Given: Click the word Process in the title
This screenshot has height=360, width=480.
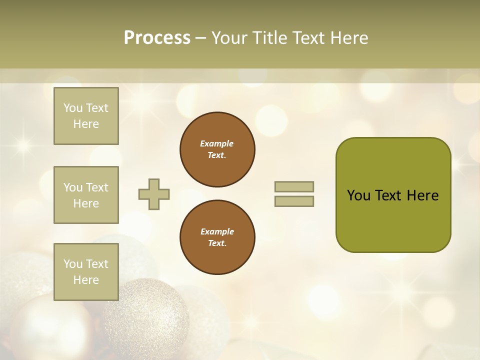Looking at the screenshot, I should click(157, 38).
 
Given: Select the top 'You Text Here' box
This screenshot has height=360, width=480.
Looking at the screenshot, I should click(86, 116).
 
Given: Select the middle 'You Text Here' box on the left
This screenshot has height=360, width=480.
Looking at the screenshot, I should click(86, 195).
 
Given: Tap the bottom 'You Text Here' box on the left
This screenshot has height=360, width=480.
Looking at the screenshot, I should click(86, 272).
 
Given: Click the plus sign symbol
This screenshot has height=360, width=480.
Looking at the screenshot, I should click(154, 194).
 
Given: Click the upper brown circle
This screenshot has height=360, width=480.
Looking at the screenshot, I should click(217, 149).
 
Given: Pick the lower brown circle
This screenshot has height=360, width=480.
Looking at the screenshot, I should click(217, 237).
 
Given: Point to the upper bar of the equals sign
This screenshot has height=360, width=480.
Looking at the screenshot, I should click(294, 186).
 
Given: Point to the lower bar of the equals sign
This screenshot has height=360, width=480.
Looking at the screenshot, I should click(294, 201).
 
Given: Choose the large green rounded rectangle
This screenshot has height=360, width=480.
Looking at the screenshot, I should click(393, 220).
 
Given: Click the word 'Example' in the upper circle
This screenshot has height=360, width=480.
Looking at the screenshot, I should click(216, 143).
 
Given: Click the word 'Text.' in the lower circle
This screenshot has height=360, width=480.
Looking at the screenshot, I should click(217, 243).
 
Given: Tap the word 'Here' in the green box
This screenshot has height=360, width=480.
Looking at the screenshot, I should click(422, 195).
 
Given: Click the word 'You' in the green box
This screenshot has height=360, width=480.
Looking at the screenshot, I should click(358, 195).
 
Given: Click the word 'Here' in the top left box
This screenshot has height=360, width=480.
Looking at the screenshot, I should click(86, 124).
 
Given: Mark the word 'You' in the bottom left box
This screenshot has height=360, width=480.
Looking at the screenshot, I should click(73, 264).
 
